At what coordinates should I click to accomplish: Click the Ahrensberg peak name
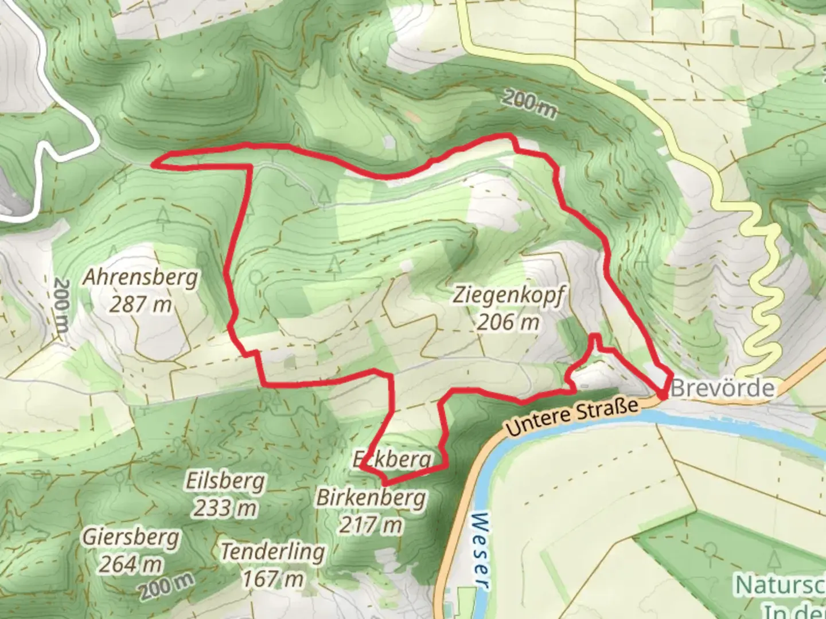pyautogui.click(x=141, y=278)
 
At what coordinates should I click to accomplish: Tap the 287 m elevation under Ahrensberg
pyautogui.click(x=141, y=304)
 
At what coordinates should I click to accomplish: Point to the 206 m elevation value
pyautogui.click(x=508, y=322)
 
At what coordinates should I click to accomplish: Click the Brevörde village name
pyautogui.click(x=722, y=389)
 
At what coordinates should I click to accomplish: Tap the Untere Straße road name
pyautogui.click(x=572, y=417)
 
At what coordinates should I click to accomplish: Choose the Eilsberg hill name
pyautogui.click(x=225, y=481)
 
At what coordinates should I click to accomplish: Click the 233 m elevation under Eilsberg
pyautogui.click(x=225, y=508)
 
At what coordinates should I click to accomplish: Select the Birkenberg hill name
pyautogui.click(x=371, y=499)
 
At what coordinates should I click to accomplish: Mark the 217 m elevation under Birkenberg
pyautogui.click(x=371, y=524)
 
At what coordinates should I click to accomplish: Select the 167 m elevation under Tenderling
pyautogui.click(x=272, y=579)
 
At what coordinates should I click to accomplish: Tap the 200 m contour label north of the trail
pyautogui.click(x=529, y=104)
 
